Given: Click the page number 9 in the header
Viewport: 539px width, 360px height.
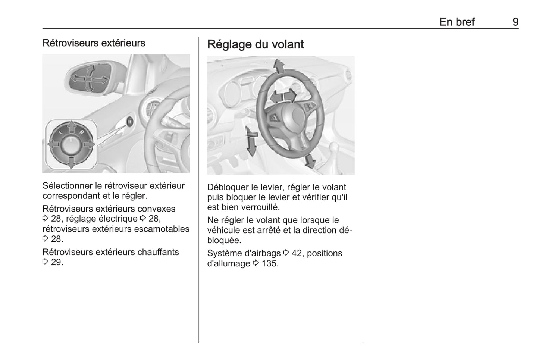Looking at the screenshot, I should click(x=515, y=22).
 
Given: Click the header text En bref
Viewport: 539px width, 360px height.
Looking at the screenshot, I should click(x=457, y=22).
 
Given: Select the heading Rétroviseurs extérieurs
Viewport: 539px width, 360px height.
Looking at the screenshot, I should click(x=94, y=43).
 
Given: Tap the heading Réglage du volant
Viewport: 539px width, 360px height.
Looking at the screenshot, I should click(x=255, y=44).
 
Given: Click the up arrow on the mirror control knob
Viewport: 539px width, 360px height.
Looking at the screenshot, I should click(x=71, y=127).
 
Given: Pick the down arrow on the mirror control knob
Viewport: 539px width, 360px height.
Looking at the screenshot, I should click(x=71, y=163).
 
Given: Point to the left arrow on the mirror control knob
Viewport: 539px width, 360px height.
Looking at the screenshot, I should click(x=53, y=144).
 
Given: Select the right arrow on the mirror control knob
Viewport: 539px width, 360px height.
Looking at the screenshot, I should click(x=89, y=144).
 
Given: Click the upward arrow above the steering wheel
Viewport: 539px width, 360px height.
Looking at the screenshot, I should click(x=279, y=66).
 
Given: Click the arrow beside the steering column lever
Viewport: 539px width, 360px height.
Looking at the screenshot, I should click(x=251, y=141).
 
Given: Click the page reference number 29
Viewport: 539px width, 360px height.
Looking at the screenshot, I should click(x=57, y=262).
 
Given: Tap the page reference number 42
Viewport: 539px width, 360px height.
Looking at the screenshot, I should click(x=297, y=253).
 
